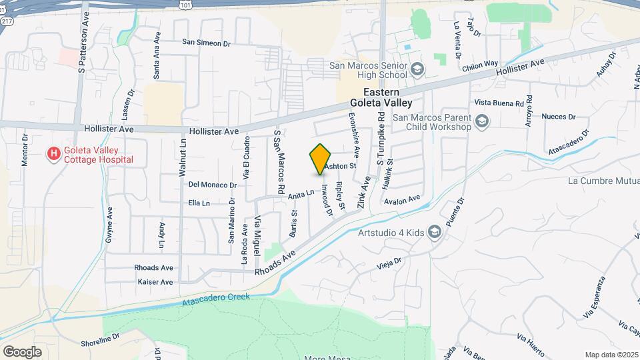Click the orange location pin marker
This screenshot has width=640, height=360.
pyautogui.click(x=321, y=159)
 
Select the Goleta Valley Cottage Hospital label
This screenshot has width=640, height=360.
pyautogui.click(x=99, y=155)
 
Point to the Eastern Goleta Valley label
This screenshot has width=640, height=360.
pyautogui.click(x=382, y=97)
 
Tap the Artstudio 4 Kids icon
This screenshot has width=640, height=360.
pyautogui.click(x=435, y=231)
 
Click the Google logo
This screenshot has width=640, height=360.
pyautogui.click(x=22, y=351)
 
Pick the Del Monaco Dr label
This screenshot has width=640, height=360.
pyautogui.click(x=213, y=185)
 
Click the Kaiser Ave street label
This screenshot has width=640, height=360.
pyautogui.click(x=155, y=282)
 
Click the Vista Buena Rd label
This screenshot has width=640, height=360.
pyautogui.click(x=499, y=103)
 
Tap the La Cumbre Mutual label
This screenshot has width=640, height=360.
pyautogui.click(x=603, y=181)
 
